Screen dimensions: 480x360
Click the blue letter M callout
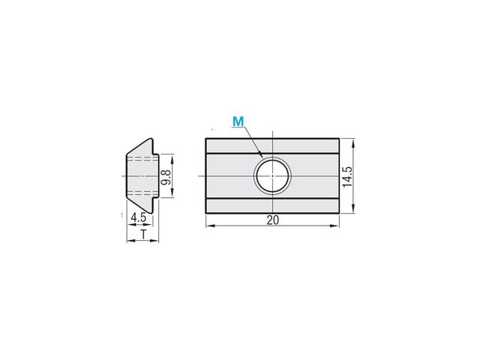pos(238,121)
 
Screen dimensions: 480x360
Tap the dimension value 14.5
pos(347,177)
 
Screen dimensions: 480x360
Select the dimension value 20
pos(273,220)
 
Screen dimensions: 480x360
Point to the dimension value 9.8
pos(166,177)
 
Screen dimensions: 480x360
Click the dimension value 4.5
pos(138,218)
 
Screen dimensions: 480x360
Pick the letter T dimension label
pos(143,235)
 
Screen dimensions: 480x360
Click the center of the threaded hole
pos(272,175)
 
